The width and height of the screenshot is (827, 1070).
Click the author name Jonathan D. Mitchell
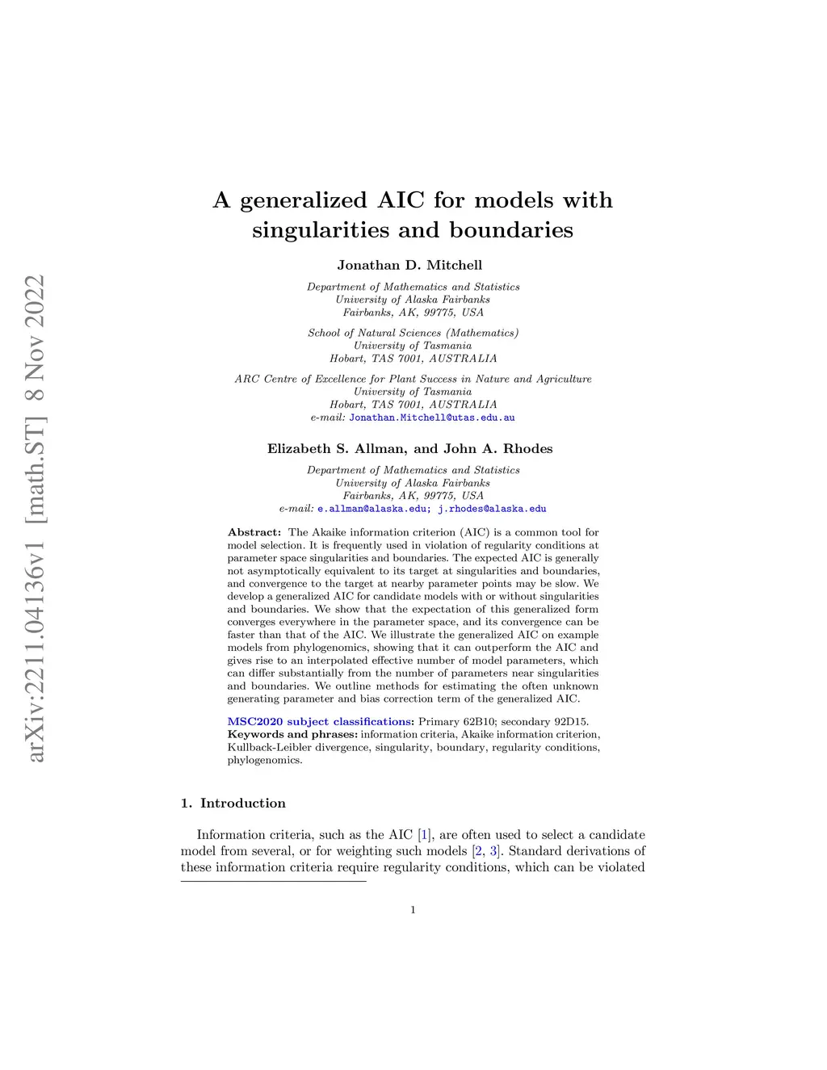pyautogui.click(x=409, y=265)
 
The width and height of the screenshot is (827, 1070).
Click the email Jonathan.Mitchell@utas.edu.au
pyautogui.click(x=431, y=418)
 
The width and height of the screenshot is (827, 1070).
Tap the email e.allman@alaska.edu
pyautogui.click(x=372, y=509)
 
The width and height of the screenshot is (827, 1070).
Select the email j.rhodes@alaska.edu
pyautogui.click(x=492, y=509)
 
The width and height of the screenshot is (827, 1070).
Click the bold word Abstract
pyautogui.click(x=254, y=532)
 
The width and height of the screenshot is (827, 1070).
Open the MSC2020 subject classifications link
pyautogui.click(x=320, y=721)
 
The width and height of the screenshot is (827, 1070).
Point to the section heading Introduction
pyautogui.click(x=242, y=803)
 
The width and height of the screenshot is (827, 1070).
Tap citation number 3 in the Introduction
pyautogui.click(x=493, y=850)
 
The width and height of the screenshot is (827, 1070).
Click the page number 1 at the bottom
pyautogui.click(x=413, y=910)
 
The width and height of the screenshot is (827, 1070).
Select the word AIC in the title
pyautogui.click(x=400, y=200)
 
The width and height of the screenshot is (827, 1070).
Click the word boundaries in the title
pyautogui.click(x=510, y=230)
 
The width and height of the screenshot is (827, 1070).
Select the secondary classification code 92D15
pyautogui.click(x=569, y=721)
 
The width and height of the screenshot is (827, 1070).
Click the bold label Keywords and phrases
pyautogui.click(x=292, y=734)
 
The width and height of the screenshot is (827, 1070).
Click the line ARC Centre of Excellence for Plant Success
pyautogui.click(x=413, y=379)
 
